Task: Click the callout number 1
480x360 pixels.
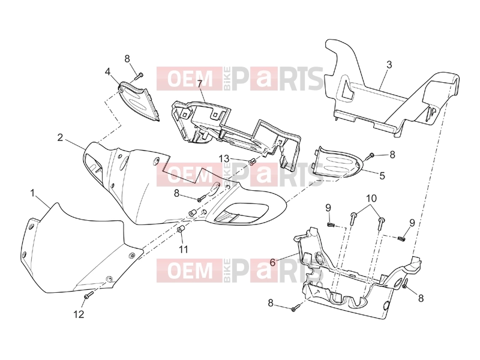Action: (x=32, y=193)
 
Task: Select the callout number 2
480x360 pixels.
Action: (x=61, y=138)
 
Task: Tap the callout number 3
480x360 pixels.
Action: (x=389, y=65)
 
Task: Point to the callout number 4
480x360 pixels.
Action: (x=107, y=72)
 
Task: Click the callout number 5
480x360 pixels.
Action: (x=382, y=176)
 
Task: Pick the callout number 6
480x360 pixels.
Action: (x=272, y=262)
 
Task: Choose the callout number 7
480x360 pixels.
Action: (x=200, y=83)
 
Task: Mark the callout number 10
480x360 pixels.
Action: (x=371, y=199)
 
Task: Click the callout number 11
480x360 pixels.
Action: (x=183, y=250)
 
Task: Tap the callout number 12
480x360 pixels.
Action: (x=79, y=314)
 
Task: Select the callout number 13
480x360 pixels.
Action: (x=224, y=158)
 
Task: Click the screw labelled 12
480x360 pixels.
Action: (x=88, y=295)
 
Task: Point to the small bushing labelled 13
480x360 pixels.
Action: (x=253, y=161)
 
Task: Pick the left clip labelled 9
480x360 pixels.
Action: (x=329, y=225)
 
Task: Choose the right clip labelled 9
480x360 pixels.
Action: (x=401, y=238)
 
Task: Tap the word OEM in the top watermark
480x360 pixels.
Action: (x=190, y=79)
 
